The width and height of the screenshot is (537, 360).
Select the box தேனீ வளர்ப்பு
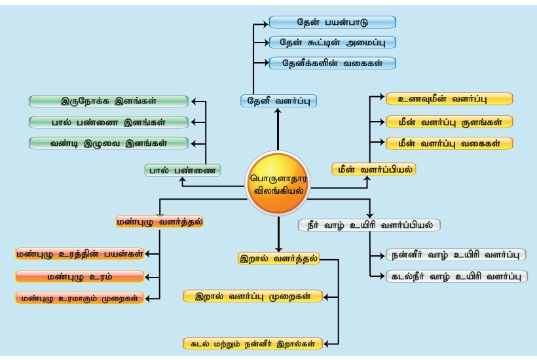pyautogui.click(x=278, y=101)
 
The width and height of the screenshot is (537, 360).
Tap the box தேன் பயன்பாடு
pyautogui.click(x=332, y=22)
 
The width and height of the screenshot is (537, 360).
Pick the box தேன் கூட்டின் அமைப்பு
pyautogui.click(x=332, y=43)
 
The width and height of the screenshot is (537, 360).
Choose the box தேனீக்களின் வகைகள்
pyautogui.click(x=332, y=63)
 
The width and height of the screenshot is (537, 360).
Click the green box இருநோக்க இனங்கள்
pyautogui.click(x=109, y=101)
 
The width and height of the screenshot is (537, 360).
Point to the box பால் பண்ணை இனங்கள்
pyautogui.click(x=109, y=122)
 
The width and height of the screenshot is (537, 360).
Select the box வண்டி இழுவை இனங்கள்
pyautogui.click(x=109, y=143)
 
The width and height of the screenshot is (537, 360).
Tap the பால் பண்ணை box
pyautogui.click(x=183, y=170)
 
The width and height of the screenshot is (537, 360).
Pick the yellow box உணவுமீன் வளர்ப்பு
pyautogui.click(x=449, y=99)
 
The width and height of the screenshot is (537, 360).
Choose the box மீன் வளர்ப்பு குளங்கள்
pyautogui.click(x=449, y=121)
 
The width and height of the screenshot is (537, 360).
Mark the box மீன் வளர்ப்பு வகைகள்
pyautogui.click(x=449, y=143)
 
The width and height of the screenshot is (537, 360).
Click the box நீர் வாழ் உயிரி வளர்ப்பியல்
pyautogui.click(x=369, y=225)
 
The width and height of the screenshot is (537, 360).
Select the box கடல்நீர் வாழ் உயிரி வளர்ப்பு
pyautogui.click(x=456, y=276)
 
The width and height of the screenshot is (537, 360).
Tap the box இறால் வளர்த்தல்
pyautogui.click(x=278, y=258)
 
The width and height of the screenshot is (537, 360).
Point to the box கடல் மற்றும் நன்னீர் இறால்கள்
pyautogui.click(x=252, y=342)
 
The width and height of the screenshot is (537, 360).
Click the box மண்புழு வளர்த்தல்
pyautogui.click(x=159, y=221)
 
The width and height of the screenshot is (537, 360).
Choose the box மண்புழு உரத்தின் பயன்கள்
pyautogui.click(x=79, y=254)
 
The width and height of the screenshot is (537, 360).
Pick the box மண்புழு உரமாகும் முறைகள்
pyautogui.click(x=79, y=298)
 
